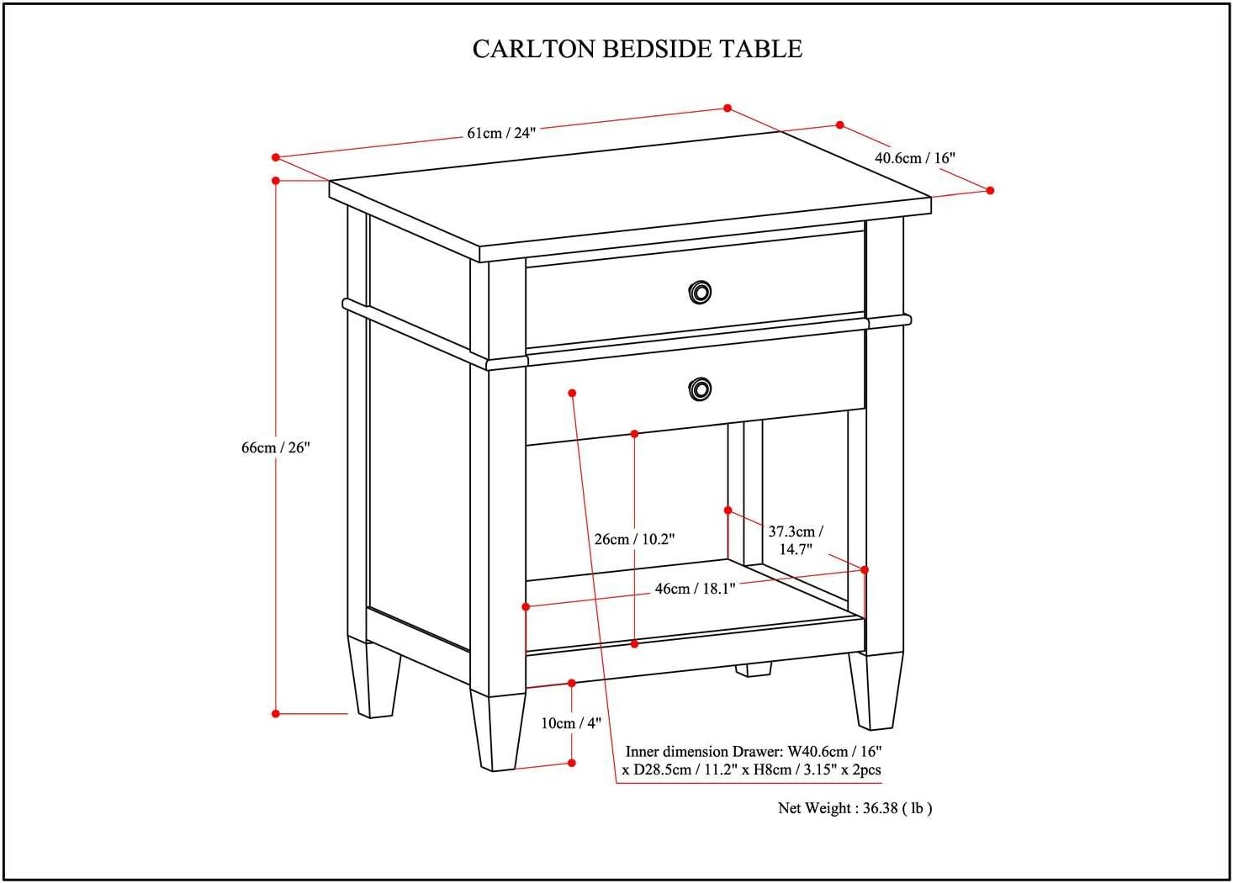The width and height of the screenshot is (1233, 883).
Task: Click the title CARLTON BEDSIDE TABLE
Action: click(x=637, y=49)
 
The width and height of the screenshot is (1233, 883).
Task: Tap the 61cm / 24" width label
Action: click(x=500, y=133)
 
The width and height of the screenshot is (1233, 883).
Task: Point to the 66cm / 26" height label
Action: click(x=276, y=447)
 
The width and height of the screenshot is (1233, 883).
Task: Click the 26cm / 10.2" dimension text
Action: click(x=634, y=539)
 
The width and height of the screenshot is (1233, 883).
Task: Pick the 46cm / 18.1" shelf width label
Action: click(x=695, y=589)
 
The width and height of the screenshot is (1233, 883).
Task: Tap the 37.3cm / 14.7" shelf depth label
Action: click(x=795, y=540)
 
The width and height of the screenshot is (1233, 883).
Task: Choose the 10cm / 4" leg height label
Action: click(x=571, y=723)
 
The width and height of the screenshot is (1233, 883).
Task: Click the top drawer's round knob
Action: click(x=699, y=292)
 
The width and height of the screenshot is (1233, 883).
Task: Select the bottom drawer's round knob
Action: click(x=699, y=389)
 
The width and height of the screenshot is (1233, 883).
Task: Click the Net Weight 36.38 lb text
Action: click(x=855, y=808)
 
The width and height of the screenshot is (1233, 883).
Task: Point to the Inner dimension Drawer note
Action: click(x=753, y=760)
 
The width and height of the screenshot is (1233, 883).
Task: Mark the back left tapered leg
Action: click(x=374, y=678)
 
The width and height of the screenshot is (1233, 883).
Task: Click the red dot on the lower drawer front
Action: click(x=572, y=393)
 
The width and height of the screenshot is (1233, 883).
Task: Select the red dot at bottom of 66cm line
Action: click(x=276, y=714)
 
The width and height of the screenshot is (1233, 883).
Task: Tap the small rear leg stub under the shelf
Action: click(x=753, y=669)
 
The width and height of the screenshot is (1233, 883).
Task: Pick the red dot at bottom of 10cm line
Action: click(x=572, y=763)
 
